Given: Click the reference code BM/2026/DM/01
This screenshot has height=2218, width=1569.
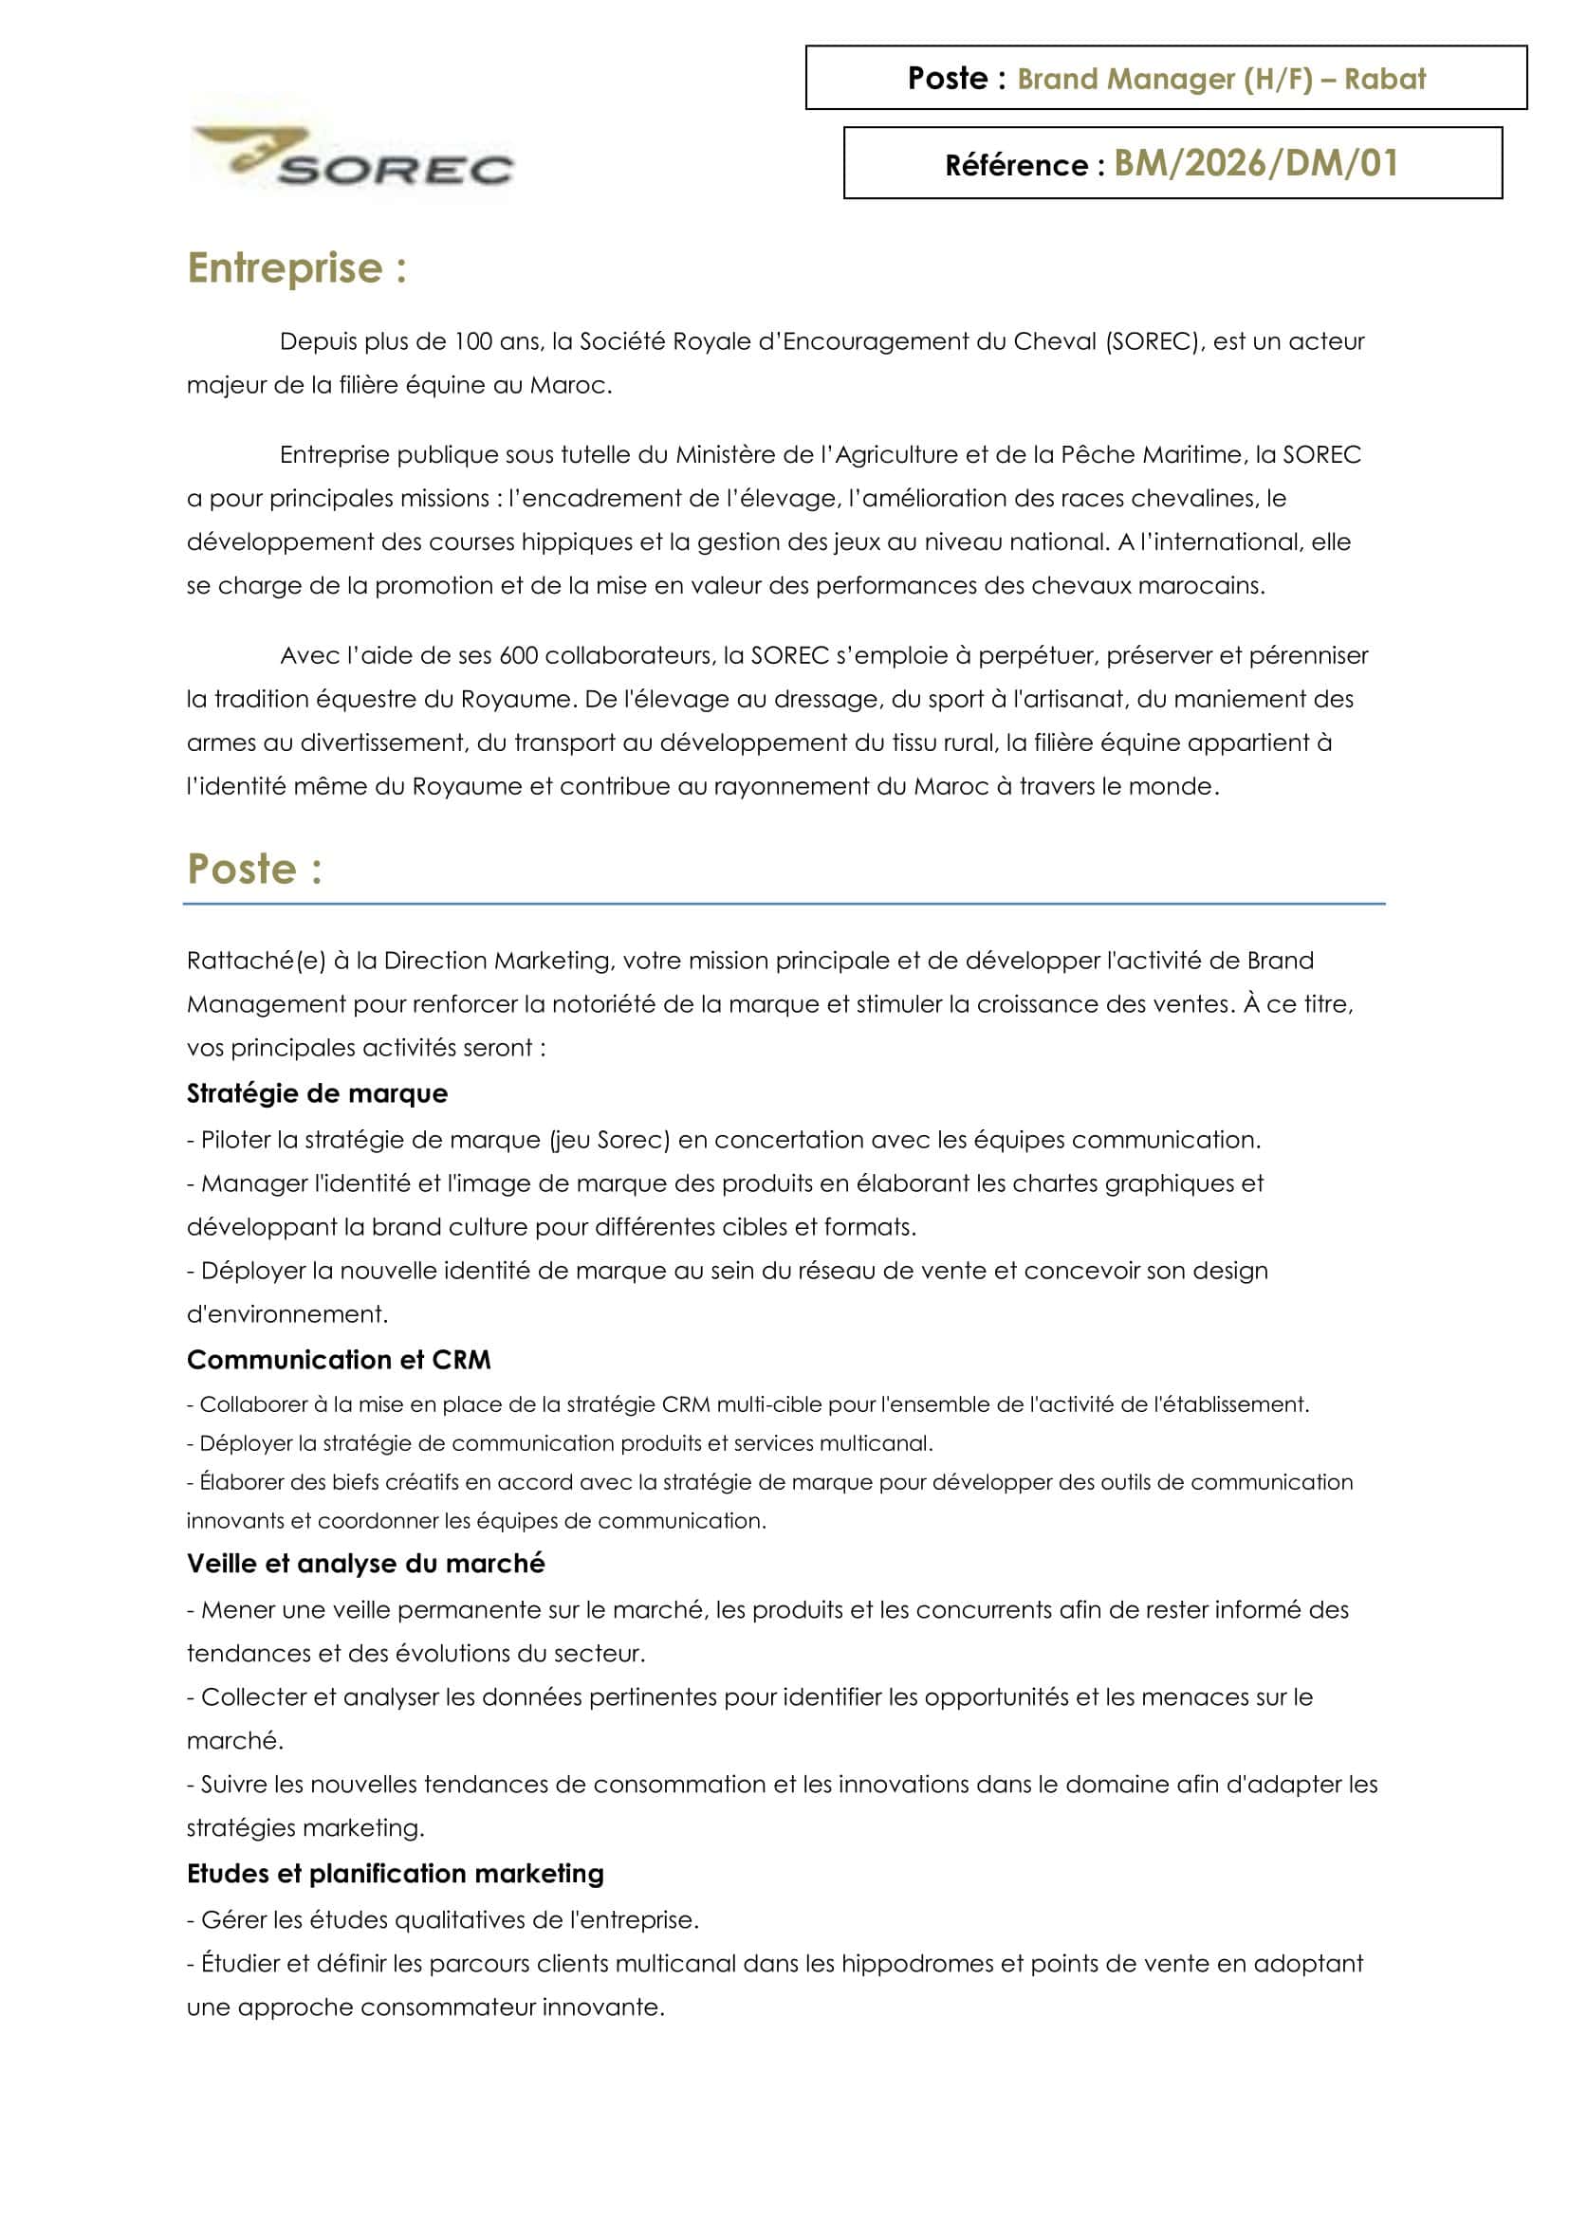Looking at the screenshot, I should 1256,163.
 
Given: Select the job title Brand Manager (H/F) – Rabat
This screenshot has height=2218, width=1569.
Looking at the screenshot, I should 1221,79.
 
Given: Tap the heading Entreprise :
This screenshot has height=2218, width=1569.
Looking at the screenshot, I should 297,267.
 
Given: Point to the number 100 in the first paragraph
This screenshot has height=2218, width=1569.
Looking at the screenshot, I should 473,341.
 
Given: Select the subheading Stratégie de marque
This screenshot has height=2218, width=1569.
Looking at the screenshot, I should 317,1092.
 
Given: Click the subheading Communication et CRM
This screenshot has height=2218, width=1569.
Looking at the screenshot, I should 338,1359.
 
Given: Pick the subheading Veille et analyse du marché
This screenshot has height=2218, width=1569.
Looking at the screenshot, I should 365,1563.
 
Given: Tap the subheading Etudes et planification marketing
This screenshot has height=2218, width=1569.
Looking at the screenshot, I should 396,1873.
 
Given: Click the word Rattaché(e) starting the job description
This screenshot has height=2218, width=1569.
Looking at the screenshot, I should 256,961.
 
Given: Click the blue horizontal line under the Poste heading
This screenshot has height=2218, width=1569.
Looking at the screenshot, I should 784,905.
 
